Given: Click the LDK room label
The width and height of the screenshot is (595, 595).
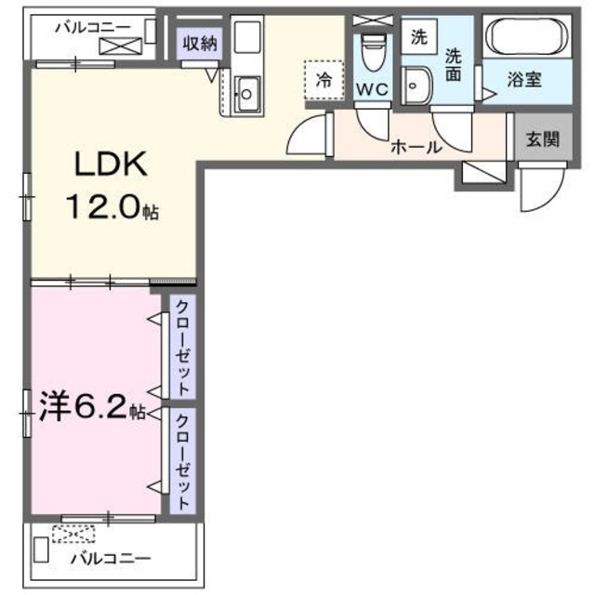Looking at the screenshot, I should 110,165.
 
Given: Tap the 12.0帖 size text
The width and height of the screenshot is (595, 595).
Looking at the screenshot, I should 110,208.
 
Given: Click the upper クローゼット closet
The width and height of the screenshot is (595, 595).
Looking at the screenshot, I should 182,347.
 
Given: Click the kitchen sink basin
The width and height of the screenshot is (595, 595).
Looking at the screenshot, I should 247,93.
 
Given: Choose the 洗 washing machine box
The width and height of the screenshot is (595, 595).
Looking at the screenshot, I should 419,39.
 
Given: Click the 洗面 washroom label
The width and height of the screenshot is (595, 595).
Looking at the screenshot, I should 453,63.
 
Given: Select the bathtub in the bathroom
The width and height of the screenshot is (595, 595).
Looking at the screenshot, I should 526,40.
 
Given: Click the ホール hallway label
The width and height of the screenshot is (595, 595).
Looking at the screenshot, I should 415,146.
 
